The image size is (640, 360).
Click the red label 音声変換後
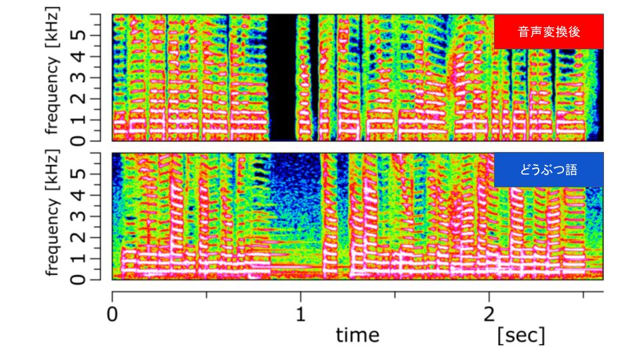[549, 33]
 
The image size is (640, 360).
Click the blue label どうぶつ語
[549, 170]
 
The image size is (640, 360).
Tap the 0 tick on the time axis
[112, 314]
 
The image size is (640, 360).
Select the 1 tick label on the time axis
[301, 314]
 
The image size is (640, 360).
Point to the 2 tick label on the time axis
[489, 314]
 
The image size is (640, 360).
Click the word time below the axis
[357, 335]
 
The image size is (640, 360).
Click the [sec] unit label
[521, 335]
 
